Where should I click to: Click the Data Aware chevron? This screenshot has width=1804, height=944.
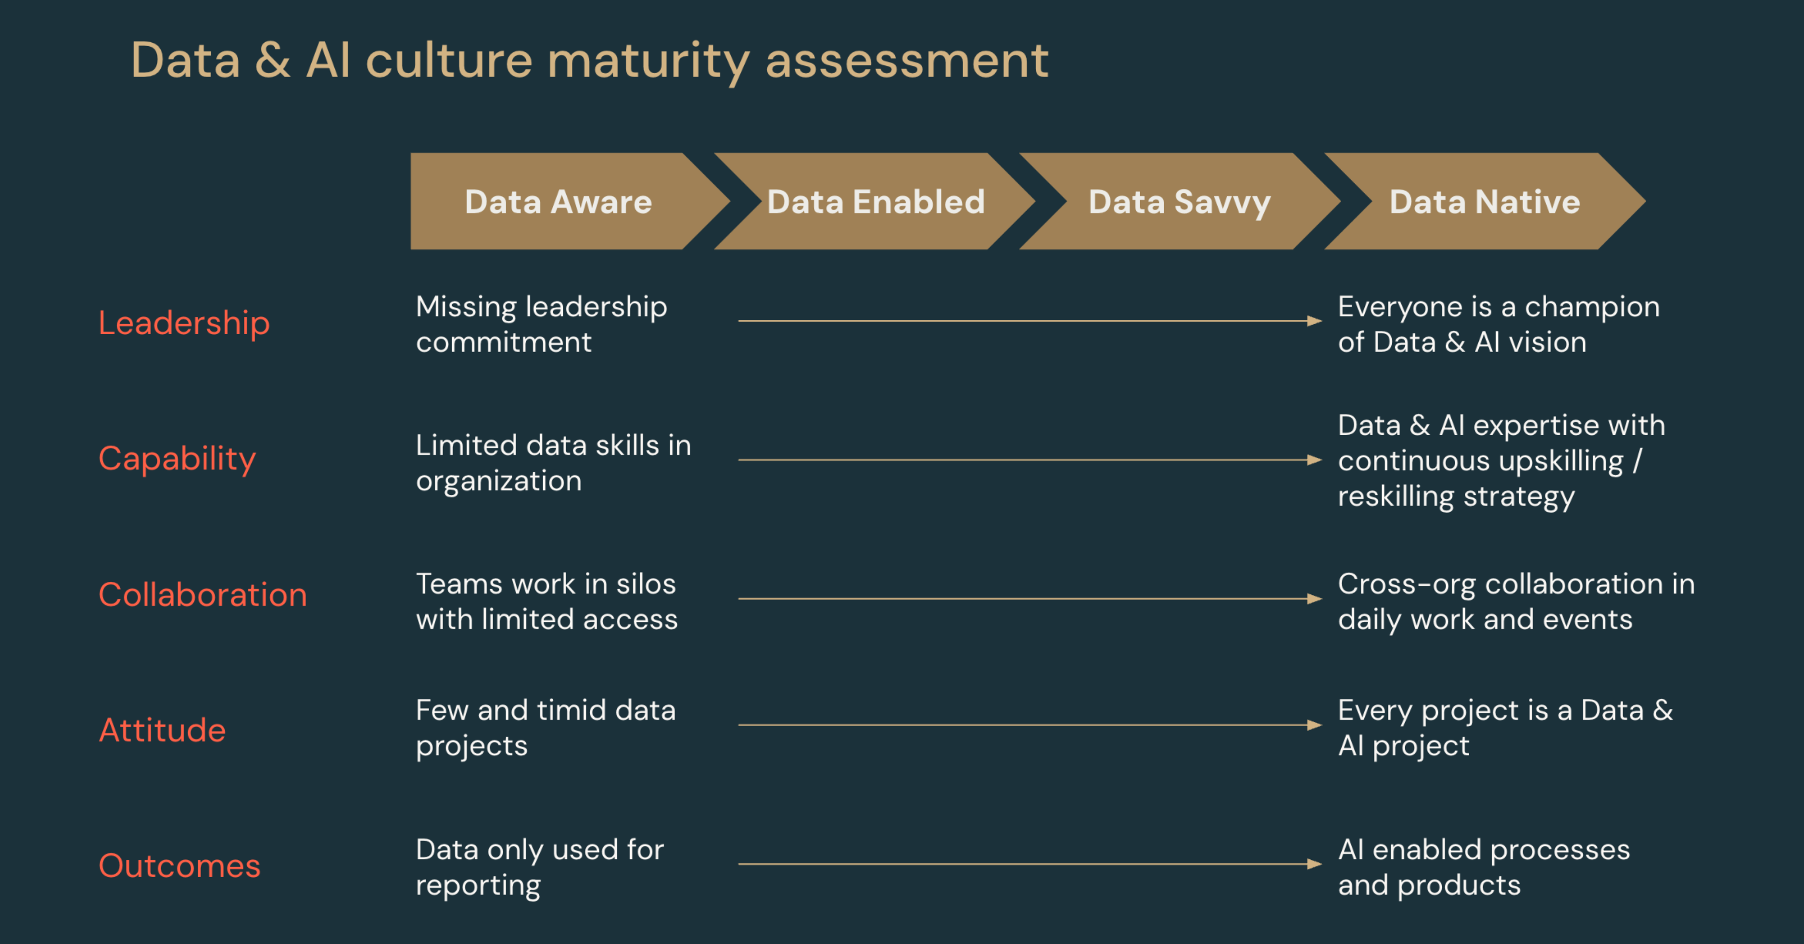[560, 201]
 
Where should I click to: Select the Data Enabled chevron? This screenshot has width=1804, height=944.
[876, 201]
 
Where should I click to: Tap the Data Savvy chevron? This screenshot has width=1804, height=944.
[1180, 201]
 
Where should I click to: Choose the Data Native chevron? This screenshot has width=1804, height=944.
[1485, 201]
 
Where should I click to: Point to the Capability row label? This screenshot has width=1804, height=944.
[177, 459]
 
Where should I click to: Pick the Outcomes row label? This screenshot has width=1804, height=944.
[180, 866]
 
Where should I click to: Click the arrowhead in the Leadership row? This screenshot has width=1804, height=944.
[1314, 321]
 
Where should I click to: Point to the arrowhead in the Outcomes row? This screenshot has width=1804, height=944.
[1314, 864]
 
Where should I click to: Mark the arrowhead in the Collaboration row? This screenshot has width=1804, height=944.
[1314, 599]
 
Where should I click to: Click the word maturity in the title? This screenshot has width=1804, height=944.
[648, 62]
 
